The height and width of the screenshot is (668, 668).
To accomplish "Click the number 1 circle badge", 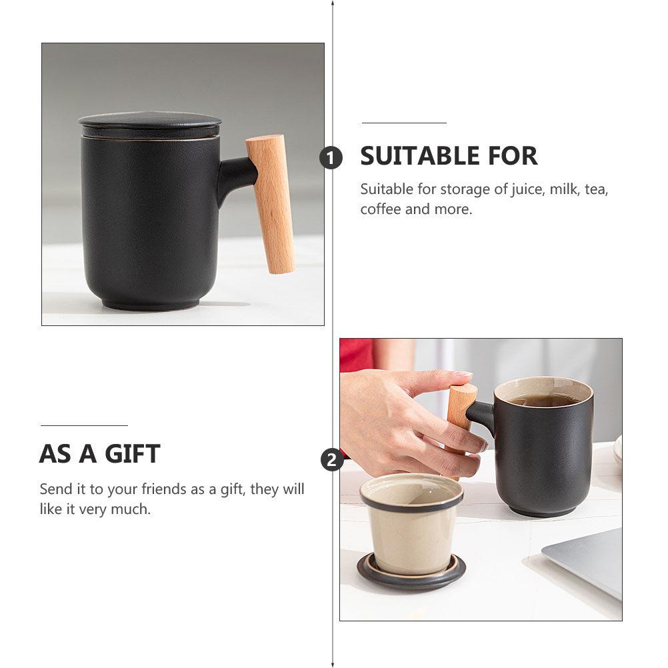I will point(331,158).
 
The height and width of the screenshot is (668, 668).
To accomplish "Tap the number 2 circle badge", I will point(332,460).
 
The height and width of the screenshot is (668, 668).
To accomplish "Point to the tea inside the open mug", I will point(544,400).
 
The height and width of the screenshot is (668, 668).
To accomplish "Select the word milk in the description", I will point(565,189).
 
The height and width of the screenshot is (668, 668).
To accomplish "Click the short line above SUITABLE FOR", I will point(404,123).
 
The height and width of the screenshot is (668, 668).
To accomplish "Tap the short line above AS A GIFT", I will point(84,425).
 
